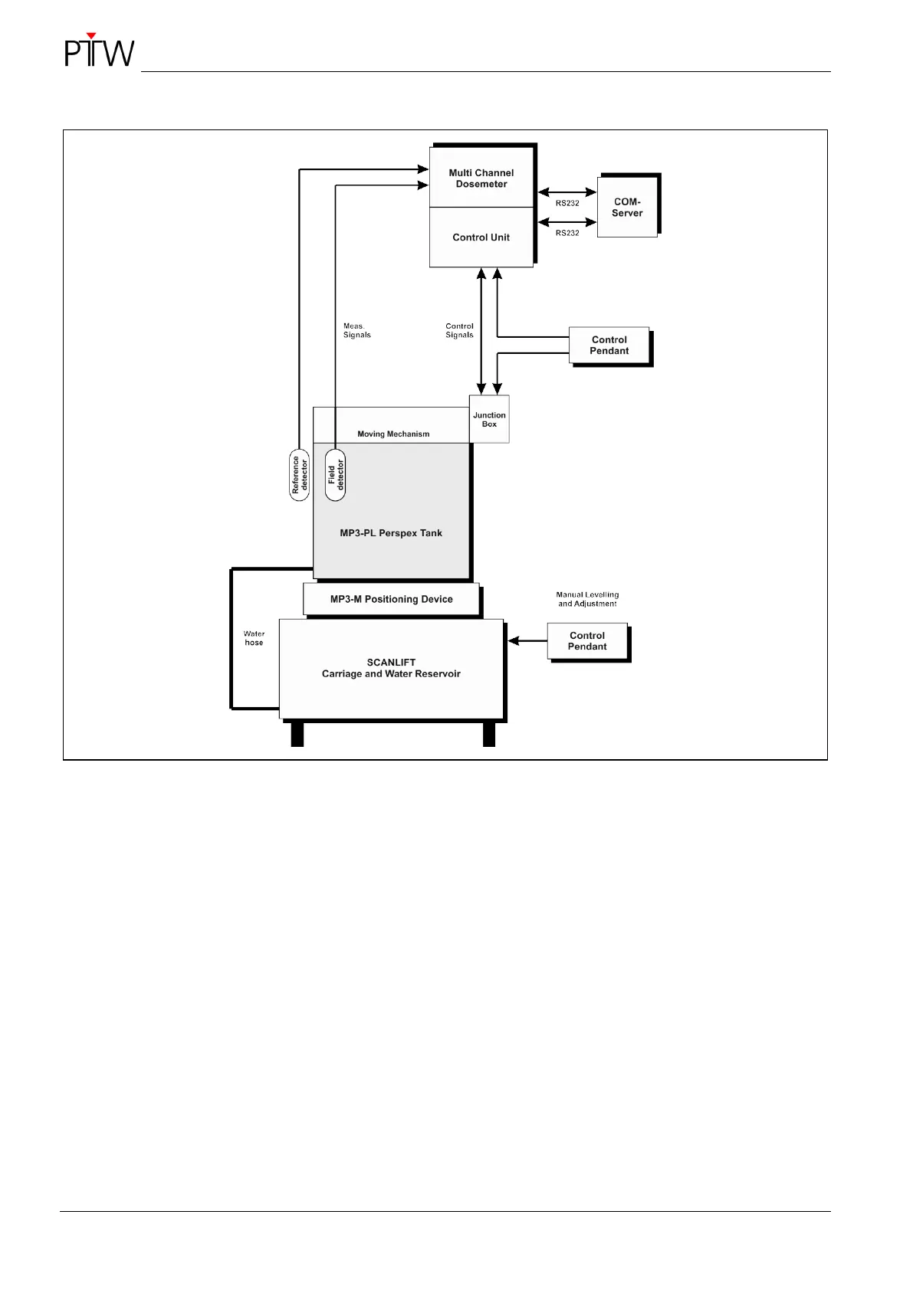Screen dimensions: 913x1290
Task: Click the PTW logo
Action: [99, 51]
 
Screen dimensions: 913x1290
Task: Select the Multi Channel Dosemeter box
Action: [481, 178]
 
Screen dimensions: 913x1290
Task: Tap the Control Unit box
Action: [481, 237]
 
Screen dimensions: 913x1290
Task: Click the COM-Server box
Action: [627, 208]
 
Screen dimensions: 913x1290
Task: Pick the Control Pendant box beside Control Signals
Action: [609, 345]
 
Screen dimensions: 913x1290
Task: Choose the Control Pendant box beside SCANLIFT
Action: [587, 641]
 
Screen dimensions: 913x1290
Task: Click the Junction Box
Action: [489, 420]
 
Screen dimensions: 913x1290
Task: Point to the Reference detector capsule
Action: [299, 475]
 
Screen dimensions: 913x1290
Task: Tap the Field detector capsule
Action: [335, 475]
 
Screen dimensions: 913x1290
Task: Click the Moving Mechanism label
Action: [393, 434]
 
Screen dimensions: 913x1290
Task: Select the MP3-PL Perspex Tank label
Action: [391, 533]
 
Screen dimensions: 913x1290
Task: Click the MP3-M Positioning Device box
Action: [392, 599]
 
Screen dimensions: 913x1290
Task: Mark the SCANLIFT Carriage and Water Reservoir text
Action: [391, 669]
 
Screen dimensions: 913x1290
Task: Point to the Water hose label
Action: [254, 638]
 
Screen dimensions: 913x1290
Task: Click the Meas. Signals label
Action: [356, 330]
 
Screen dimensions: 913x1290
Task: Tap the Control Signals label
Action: [459, 330]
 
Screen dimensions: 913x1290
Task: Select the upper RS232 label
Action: [567, 203]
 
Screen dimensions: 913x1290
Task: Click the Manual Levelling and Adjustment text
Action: [587, 599]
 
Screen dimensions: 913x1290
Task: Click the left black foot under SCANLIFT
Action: [297, 735]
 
